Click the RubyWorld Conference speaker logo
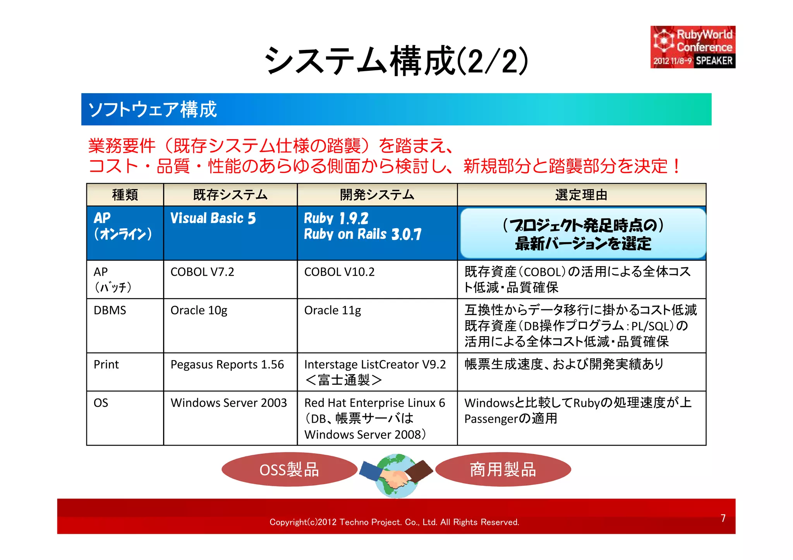[x=693, y=47]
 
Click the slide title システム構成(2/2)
[x=396, y=60]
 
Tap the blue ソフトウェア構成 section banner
[x=396, y=109]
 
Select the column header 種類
[x=125, y=195]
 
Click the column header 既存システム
[x=230, y=195]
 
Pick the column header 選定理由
[x=581, y=195]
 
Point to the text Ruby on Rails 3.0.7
[x=362, y=234]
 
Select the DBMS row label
[x=110, y=311]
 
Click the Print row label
[x=106, y=365]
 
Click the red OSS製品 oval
[x=289, y=470]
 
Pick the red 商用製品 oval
[x=503, y=470]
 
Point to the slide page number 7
[x=723, y=518]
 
